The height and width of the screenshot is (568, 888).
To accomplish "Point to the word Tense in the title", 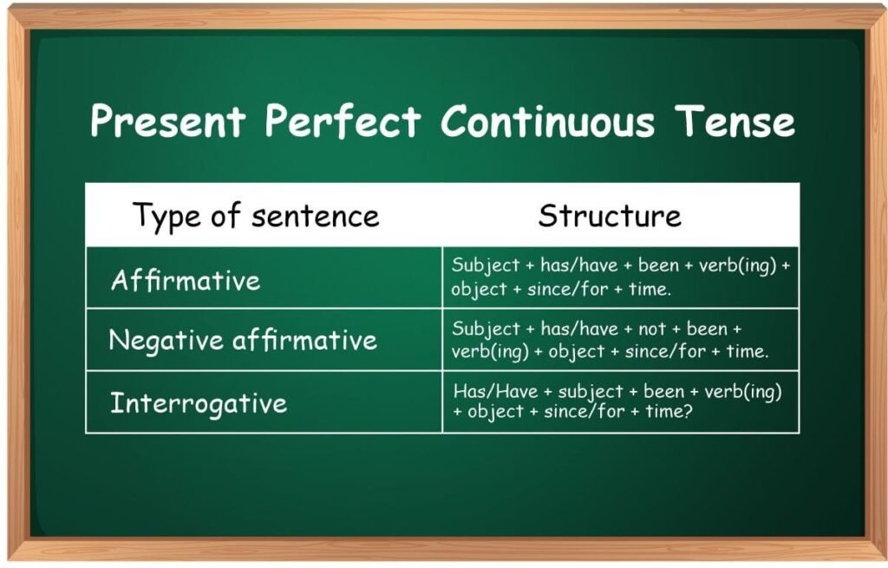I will click(x=734, y=121).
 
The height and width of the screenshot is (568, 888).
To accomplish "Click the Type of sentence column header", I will click(x=256, y=216).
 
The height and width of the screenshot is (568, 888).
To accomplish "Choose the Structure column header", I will click(x=610, y=216).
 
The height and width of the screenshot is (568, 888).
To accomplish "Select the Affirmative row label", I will click(x=186, y=280).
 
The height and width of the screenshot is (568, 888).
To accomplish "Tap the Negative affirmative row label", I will click(x=243, y=340).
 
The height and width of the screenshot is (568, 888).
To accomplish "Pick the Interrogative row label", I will click(x=198, y=403).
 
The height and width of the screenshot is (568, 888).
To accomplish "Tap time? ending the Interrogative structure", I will click(x=668, y=412).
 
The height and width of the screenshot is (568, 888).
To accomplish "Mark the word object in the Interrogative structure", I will click(x=495, y=412).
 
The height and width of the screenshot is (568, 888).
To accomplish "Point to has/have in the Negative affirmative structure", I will click(x=579, y=330).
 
